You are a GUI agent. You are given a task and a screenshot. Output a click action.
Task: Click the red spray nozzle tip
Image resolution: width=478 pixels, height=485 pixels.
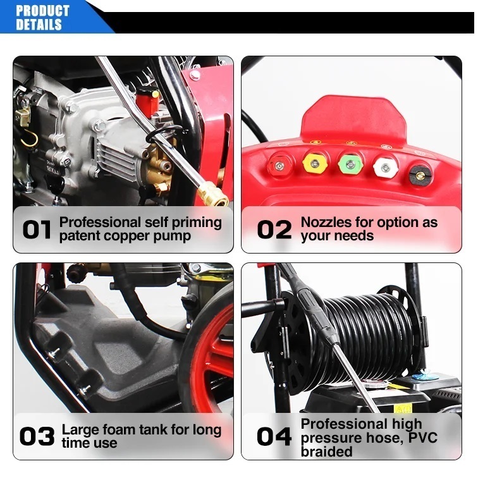pyautogui.click(x=279, y=166)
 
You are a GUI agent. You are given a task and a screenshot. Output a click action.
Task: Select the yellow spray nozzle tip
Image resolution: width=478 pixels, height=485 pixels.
pyautogui.click(x=314, y=163)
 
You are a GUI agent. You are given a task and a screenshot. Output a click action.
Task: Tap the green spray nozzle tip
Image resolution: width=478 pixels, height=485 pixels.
pyautogui.click(x=350, y=164)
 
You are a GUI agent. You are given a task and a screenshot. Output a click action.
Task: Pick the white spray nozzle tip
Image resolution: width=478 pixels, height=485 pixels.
pyautogui.click(x=385, y=168)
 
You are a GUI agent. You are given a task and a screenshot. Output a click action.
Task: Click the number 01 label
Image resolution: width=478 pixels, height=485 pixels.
pyautogui.click(x=37, y=230)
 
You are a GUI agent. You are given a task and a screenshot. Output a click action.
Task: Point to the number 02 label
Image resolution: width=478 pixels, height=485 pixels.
pyautogui.click(x=274, y=230)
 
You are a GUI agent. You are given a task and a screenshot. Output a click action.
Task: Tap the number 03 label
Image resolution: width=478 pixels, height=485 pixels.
pyautogui.click(x=37, y=436)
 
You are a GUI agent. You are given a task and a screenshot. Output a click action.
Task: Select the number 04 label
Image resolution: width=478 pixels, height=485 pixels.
pyautogui.click(x=274, y=436)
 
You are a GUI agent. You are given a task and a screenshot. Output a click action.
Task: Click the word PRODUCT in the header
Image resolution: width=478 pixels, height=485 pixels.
pyautogui.click(x=42, y=11)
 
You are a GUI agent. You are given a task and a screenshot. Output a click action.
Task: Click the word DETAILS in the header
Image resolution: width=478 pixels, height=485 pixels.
pyautogui.click(x=39, y=25)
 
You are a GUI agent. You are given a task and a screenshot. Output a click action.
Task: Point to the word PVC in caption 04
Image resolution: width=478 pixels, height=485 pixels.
pyautogui.click(x=423, y=438)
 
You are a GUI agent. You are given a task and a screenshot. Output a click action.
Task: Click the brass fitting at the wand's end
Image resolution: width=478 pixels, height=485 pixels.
pyautogui.click(x=213, y=195)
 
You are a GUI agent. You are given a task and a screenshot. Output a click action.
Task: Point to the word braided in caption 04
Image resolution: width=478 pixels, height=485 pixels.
pyautogui.click(x=326, y=451)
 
